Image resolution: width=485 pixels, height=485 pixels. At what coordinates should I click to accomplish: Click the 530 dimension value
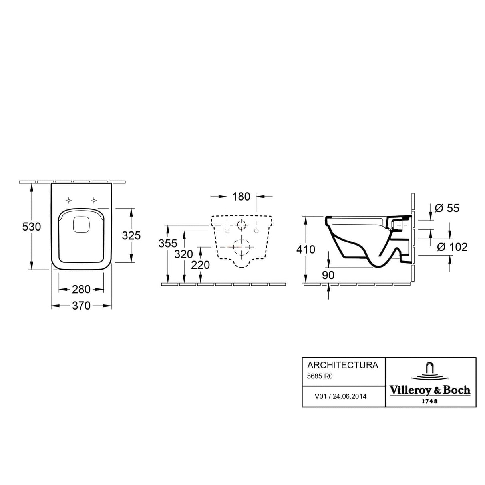pos(32,227)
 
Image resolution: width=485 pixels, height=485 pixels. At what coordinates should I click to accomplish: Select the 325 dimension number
pos(131,235)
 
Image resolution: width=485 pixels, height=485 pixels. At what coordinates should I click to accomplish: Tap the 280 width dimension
pos(81,289)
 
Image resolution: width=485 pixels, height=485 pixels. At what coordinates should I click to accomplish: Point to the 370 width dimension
pos(81,306)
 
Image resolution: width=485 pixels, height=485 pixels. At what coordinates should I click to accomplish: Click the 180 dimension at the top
pos(241,197)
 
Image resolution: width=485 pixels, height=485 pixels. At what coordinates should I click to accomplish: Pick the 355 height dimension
pos(168,243)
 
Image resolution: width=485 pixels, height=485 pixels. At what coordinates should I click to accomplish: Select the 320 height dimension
pos(184,254)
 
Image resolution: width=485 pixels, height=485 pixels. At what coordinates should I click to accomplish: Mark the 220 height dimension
pos(200,264)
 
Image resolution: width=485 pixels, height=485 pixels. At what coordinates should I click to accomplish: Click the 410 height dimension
pos(306,249)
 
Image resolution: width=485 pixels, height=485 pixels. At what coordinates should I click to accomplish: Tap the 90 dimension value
pos(328,275)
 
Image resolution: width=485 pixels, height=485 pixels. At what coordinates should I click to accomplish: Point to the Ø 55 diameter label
pos(447,208)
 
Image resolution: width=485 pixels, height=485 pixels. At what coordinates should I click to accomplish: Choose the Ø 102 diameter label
pos(452,247)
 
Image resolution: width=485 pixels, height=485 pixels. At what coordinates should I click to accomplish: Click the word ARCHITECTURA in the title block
pos(342,365)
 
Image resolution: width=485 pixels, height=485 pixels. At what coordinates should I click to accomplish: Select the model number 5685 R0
pos(320,376)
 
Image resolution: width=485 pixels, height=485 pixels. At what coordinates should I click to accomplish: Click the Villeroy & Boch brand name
pos(430,390)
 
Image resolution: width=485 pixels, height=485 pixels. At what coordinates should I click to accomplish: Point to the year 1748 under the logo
pos(429,401)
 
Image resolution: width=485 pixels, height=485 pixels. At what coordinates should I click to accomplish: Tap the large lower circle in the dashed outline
pos(241,247)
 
